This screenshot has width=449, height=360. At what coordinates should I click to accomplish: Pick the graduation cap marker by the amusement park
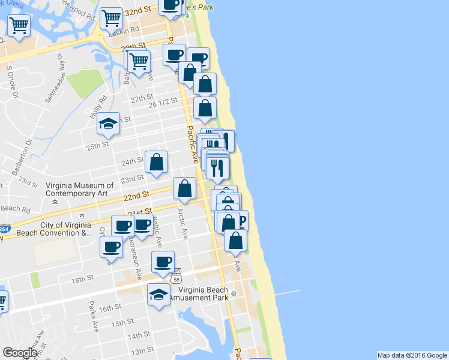[158, 295]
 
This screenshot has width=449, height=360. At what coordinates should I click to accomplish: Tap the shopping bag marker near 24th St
[156, 162]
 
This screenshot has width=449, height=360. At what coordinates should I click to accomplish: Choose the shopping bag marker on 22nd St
[184, 188]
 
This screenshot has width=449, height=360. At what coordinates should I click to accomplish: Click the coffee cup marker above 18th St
[163, 262]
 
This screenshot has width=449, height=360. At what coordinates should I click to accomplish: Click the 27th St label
[142, 98]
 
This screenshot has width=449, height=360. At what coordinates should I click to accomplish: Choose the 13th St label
[142, 350]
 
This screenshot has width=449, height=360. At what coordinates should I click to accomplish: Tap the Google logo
[20, 353]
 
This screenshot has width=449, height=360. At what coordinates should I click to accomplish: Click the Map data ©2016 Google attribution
[412, 355]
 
